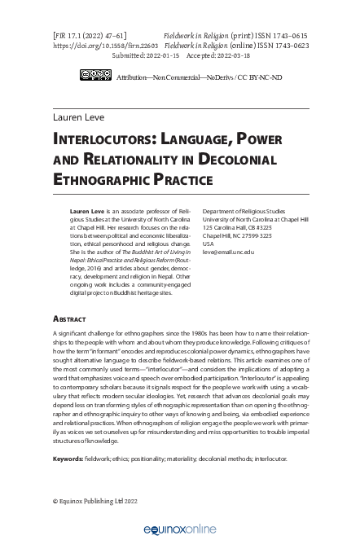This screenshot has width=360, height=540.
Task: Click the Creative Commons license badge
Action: point(95,75)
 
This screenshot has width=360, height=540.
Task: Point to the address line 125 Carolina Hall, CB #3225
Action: point(237,227)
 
